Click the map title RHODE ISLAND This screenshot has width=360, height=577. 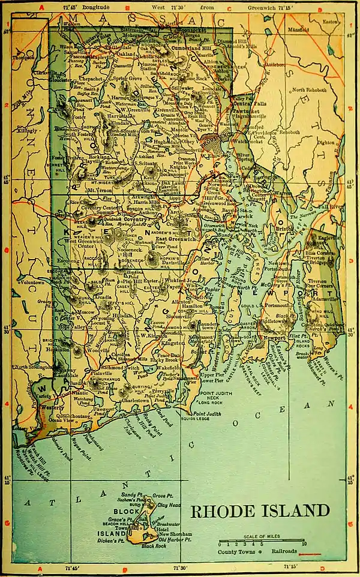coord(260,511)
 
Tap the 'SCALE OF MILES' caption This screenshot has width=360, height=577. coord(263,537)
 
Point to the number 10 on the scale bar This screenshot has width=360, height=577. coord(305,544)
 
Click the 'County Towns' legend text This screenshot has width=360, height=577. coord(235,550)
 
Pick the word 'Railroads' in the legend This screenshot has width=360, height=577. coord(284,550)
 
